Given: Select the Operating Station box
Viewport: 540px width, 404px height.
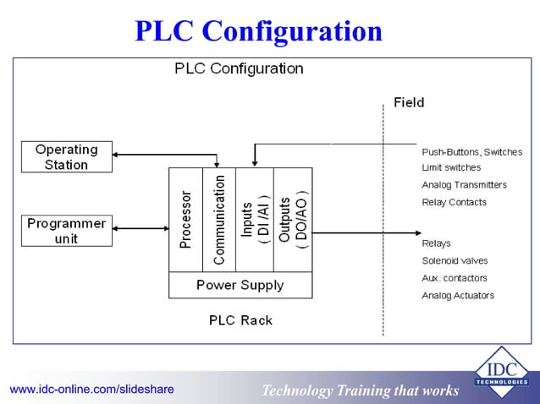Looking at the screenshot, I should [x=66, y=156].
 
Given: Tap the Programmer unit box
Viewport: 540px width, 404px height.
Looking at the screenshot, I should [x=66, y=231].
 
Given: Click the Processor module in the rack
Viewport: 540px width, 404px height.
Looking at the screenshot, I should [x=186, y=220].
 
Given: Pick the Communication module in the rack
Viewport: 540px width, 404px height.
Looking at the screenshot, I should [x=219, y=220].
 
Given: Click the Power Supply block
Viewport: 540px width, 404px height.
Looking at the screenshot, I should [x=240, y=285].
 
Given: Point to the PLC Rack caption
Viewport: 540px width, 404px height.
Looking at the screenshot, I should [x=240, y=320].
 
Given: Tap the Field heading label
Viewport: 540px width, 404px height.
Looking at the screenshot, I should [x=409, y=103].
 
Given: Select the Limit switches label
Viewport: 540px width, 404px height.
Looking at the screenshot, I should [x=451, y=167].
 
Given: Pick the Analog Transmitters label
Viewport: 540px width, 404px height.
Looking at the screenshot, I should [x=464, y=184].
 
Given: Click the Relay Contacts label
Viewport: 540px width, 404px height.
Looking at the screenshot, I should [x=454, y=202].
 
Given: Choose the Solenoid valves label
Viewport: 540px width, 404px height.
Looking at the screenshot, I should [x=455, y=260].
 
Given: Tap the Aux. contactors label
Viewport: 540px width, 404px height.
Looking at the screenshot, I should [x=455, y=278].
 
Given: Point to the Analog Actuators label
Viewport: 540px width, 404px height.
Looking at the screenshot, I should [x=458, y=296].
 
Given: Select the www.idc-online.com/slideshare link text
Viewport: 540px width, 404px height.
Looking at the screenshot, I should [x=91, y=389].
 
